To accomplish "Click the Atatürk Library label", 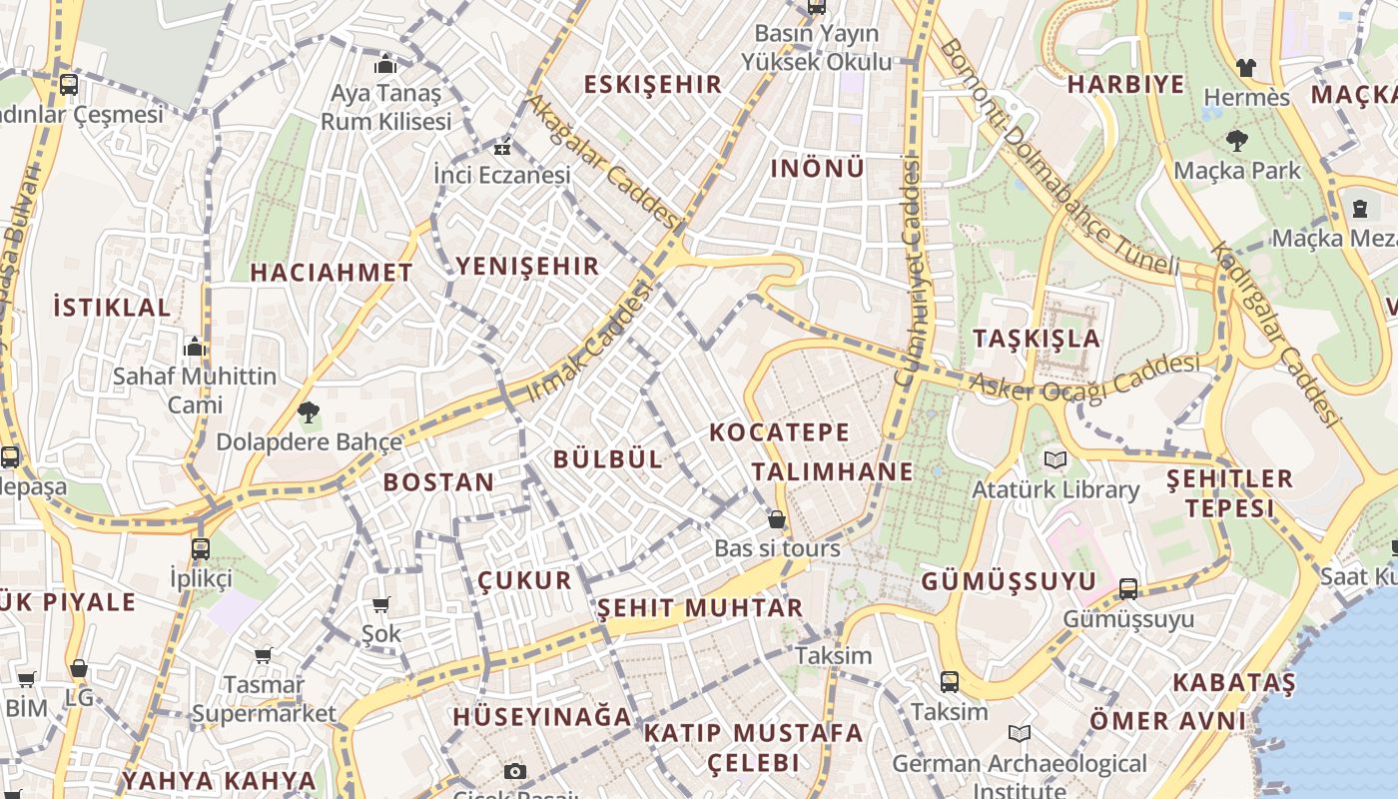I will (1055, 489).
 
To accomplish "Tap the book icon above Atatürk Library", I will (1055, 460).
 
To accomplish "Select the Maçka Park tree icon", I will (1237, 141).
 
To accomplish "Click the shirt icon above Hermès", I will (1246, 68).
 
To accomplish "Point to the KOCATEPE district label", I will (779, 432).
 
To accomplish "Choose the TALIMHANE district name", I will (832, 471).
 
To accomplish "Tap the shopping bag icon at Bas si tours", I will (777, 520).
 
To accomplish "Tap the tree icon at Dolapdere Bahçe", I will (309, 411).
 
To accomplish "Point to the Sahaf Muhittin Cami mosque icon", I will (195, 347).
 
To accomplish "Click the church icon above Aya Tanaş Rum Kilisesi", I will (385, 65).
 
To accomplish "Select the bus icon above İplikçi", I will (201, 548).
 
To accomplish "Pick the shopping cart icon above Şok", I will (380, 604).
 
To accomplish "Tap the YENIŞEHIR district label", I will (527, 266).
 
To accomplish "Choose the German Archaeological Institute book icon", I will (1019, 734).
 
